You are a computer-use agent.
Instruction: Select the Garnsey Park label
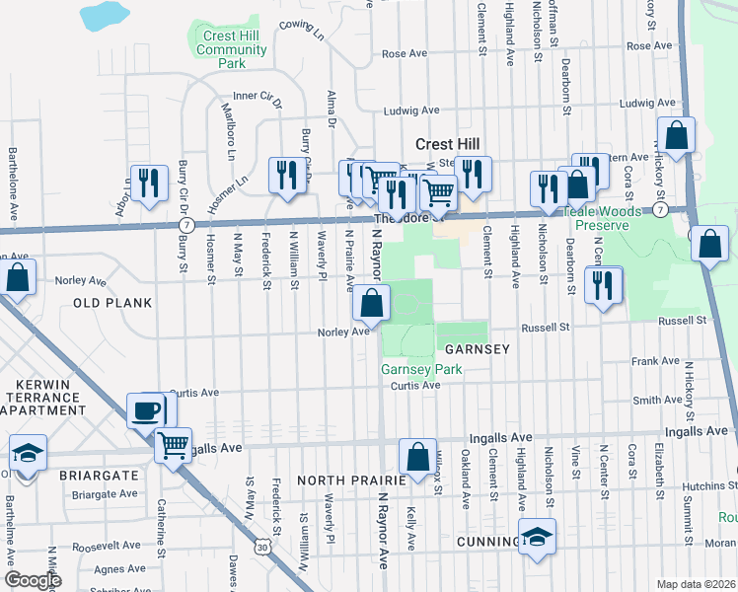coord(421,370)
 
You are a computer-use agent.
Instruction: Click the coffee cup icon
coord(146,409)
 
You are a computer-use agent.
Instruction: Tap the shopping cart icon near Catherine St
coord(174,445)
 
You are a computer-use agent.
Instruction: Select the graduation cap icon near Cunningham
coord(538,537)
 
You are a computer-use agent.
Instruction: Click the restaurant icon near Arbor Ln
coord(149,183)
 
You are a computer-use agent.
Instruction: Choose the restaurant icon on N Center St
coord(604,285)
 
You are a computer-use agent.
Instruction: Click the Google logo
coord(34,580)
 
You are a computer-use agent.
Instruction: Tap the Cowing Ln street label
coord(302,30)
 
